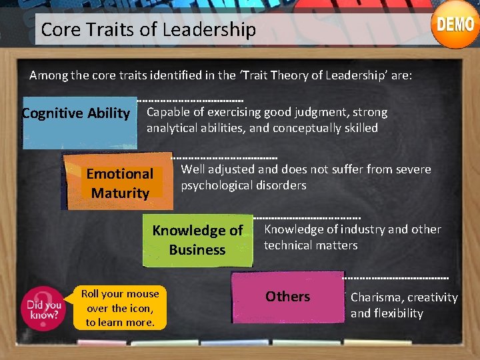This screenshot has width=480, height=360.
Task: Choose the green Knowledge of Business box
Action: pos(197,240)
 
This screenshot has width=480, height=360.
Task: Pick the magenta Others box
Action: pos(287,297)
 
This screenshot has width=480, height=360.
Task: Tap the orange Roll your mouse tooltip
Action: pos(120,308)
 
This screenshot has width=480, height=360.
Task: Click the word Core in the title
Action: pos(56,30)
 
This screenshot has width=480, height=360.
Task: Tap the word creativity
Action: pos(433,297)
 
